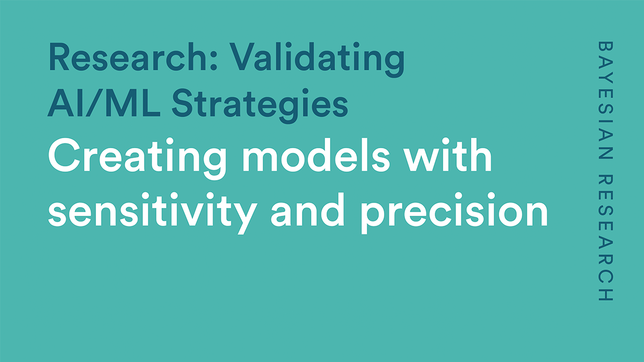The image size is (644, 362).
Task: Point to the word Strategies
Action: tap(260, 106)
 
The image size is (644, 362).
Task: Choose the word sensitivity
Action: tap(152, 213)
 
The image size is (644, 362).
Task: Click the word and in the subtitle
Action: tap(308, 210)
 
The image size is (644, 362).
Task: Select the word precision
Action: tap(454, 213)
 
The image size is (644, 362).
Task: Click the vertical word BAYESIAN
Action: tap(605, 100)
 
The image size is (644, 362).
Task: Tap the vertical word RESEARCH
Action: tap(605, 238)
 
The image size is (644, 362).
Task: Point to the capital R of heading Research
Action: tap(59, 57)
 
